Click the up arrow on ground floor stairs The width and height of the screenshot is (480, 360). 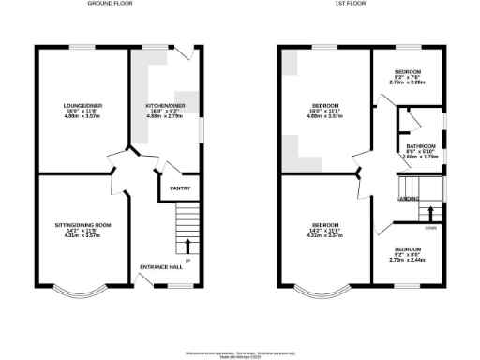coord(188,247)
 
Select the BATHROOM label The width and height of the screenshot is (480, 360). coord(420,146)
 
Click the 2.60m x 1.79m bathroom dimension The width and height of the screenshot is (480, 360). coord(420,157)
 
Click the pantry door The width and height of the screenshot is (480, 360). coord(167,170)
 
